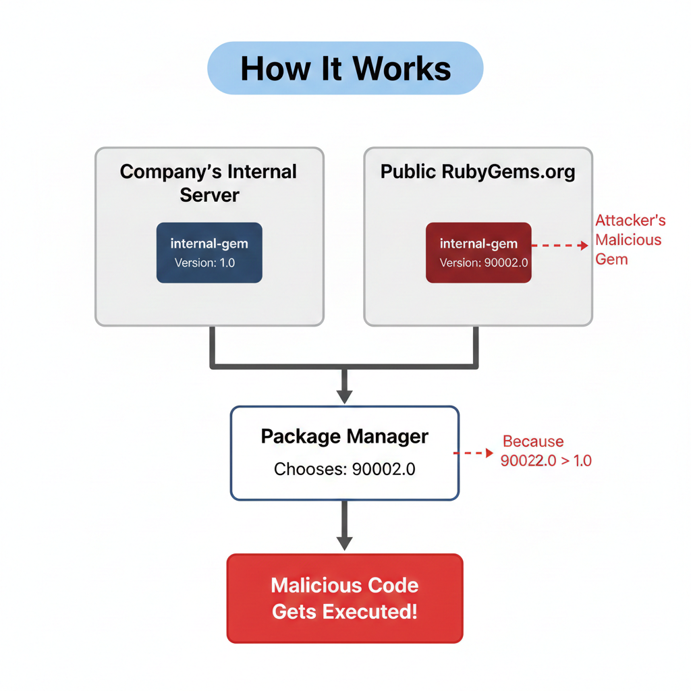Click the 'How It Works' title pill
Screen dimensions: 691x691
point(345,68)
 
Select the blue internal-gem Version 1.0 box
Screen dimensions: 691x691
point(209,252)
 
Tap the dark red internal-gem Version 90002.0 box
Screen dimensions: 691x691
point(478,252)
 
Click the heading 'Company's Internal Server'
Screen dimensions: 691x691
point(209,184)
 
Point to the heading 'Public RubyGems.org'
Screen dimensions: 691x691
point(478,172)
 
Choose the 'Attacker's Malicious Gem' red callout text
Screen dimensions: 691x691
point(630,240)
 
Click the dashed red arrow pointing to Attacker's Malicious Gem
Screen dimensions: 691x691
point(559,246)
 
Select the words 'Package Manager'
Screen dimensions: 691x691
point(345,437)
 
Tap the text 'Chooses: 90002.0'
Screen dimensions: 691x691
point(345,470)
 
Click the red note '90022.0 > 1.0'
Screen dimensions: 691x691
point(546,461)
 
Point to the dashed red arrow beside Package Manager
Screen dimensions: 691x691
point(473,453)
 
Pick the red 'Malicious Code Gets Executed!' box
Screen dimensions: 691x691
point(345,599)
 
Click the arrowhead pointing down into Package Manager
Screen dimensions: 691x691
point(345,396)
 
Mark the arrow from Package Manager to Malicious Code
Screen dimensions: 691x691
point(345,526)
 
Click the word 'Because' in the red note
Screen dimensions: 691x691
point(533,441)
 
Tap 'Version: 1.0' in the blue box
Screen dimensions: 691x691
point(204,263)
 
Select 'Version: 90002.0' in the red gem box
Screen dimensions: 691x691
point(484,263)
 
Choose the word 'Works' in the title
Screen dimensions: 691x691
point(402,70)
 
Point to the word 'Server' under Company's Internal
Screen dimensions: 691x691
point(209,195)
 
